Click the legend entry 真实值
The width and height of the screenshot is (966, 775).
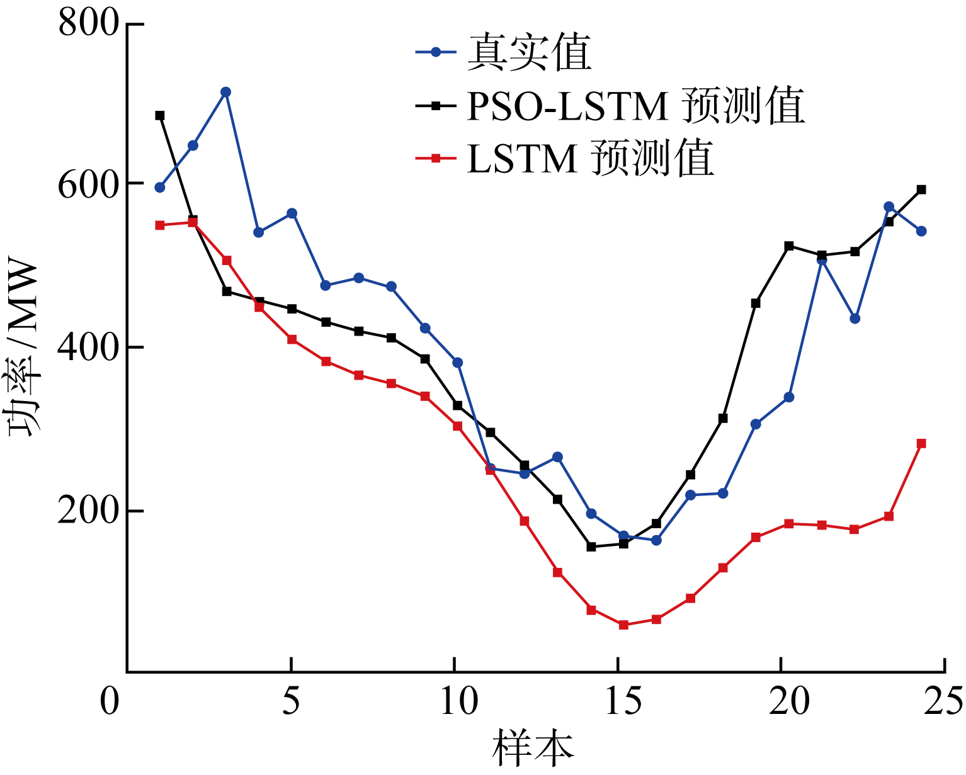point(529,53)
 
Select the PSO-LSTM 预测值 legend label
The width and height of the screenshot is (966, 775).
point(636,106)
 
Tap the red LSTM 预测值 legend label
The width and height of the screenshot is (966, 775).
point(591,158)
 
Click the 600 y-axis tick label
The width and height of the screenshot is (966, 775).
point(88,184)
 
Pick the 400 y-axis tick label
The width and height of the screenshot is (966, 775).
point(88,347)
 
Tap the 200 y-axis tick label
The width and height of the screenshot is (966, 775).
point(88,511)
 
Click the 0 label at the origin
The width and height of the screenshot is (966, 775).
point(110,701)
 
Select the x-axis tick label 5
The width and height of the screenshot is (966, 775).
point(291,701)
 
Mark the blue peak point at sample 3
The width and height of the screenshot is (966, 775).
point(226,92)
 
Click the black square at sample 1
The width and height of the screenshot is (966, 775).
point(160,115)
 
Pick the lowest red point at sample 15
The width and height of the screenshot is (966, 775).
point(623,625)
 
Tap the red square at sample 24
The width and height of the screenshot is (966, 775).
point(921,443)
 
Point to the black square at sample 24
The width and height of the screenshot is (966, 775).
point(921,190)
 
